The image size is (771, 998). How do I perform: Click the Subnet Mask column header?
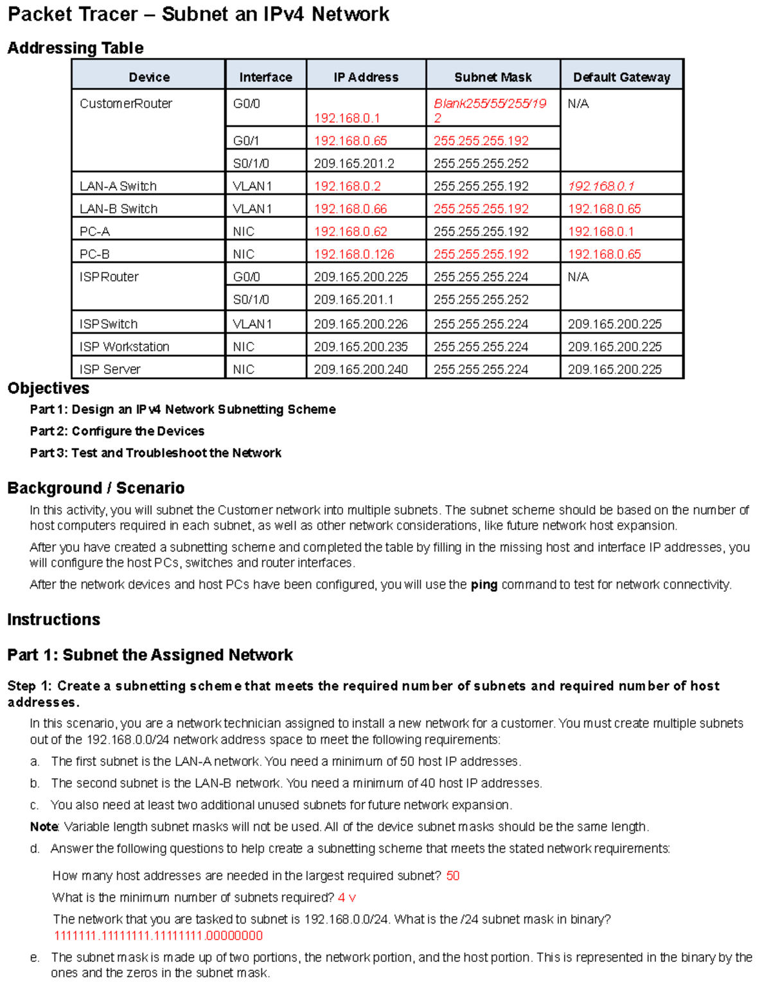coord(493,77)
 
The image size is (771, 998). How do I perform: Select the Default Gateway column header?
coord(621,77)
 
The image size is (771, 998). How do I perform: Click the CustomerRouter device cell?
coord(126,103)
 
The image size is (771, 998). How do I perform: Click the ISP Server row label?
coord(110,369)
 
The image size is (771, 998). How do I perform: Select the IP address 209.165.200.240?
coord(360,369)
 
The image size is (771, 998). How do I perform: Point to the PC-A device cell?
coord(94,231)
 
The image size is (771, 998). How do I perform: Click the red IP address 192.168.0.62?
coord(350,231)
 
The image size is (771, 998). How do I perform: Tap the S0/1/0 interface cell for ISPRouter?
coord(251,299)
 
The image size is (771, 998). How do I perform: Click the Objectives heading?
coord(48,388)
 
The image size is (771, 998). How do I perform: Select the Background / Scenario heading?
coord(96,488)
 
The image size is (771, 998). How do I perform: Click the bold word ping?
coord(484,585)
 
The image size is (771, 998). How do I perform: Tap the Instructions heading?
coord(53,619)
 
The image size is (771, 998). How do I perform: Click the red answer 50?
coord(452,876)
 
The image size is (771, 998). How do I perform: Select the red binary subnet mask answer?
coord(158,936)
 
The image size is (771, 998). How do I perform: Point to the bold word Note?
coord(44,826)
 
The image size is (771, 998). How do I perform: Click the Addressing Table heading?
coord(75,48)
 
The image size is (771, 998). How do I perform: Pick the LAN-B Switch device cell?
coord(118,209)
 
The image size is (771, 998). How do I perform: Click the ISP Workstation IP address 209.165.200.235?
coord(360,346)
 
